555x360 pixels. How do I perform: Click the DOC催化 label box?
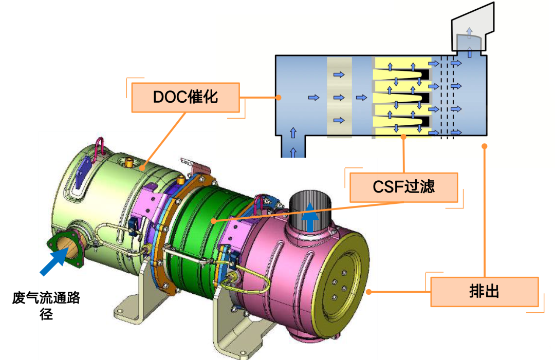(x=186, y=97)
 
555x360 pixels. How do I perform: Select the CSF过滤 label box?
(x=403, y=187)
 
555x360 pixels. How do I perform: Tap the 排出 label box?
(x=484, y=292)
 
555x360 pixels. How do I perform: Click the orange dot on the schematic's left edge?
(x=277, y=96)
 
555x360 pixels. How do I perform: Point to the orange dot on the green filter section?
(x=213, y=221)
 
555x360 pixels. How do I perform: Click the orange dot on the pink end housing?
(x=369, y=291)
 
